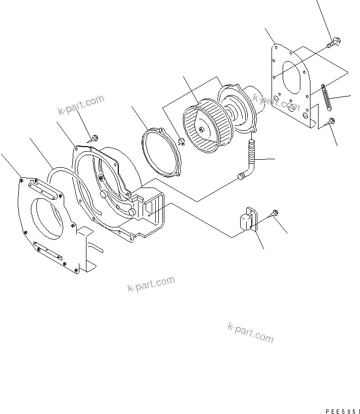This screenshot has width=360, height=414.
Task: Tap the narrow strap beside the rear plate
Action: click(327, 97)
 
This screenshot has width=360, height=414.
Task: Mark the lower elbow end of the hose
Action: click(242, 175)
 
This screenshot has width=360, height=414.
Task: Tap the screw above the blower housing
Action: click(94, 137)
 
